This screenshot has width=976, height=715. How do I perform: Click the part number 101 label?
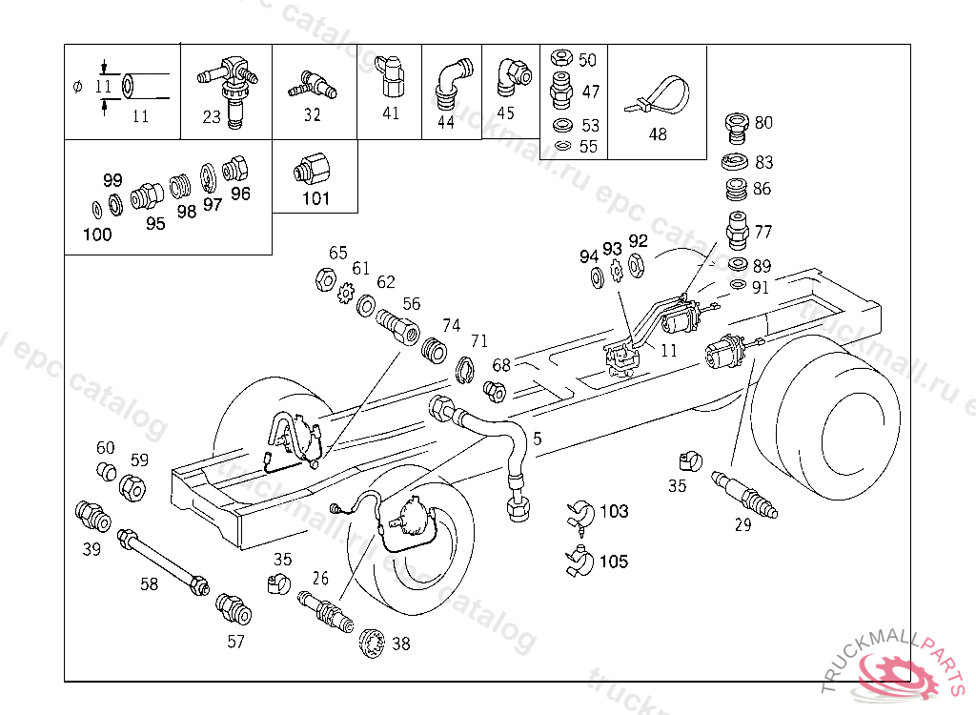[x=315, y=198]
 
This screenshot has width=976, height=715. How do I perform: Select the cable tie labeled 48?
[x=659, y=96]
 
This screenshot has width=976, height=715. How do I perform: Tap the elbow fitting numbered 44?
[x=453, y=83]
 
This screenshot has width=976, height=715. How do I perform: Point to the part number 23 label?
[x=212, y=117]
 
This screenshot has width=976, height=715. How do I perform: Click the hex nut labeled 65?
[x=326, y=279]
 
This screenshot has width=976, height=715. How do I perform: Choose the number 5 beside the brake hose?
[x=538, y=439]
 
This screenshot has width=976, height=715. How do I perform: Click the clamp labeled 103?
[x=580, y=517]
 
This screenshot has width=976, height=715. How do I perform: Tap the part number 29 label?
[x=743, y=525]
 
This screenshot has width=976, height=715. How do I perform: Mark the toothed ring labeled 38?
[x=373, y=643]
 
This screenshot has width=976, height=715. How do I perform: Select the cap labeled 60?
[x=107, y=472]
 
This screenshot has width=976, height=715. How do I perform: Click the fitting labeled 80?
[x=737, y=129]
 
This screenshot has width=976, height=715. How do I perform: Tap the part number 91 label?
[x=761, y=288]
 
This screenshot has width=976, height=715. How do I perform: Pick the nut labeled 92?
[x=637, y=265]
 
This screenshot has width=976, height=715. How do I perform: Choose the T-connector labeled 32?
[x=313, y=86]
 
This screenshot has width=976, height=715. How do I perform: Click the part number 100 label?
[x=97, y=235]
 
